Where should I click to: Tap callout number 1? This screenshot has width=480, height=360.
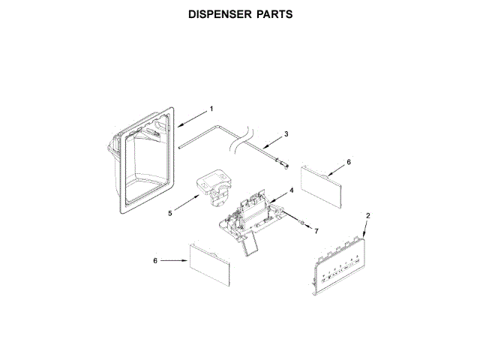click(x=211, y=109)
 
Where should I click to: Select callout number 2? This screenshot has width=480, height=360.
click(x=367, y=216)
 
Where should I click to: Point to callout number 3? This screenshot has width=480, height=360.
click(x=286, y=134)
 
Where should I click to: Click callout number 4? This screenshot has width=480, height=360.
click(x=291, y=190)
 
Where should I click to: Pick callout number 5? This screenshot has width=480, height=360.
click(x=170, y=213)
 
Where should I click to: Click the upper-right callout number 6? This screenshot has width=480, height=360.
click(x=348, y=161)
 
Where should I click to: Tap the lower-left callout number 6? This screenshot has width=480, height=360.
click(x=154, y=261)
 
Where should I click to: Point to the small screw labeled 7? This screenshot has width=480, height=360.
click(x=300, y=223)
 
